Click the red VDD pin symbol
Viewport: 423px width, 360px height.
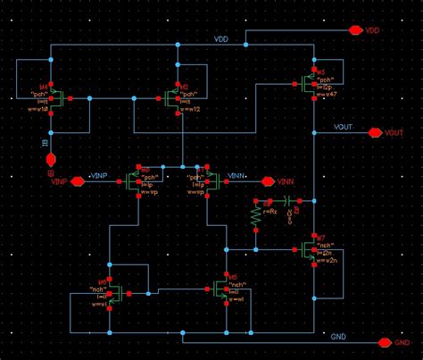click(x=360, y=30)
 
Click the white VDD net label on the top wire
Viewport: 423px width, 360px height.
click(x=221, y=40)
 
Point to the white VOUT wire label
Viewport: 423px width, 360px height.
click(x=343, y=128)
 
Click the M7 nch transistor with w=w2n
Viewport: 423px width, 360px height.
click(x=312, y=249)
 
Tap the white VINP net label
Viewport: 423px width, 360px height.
click(x=101, y=175)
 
